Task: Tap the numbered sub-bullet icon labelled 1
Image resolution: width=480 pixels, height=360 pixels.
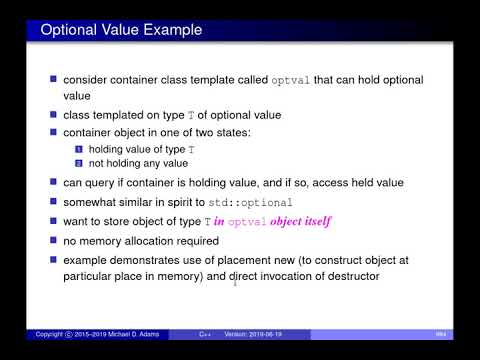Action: pos(81,149)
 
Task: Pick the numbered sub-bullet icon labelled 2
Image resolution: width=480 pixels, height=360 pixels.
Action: pos(81,164)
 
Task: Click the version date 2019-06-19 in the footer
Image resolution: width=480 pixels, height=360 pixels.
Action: pos(261,333)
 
